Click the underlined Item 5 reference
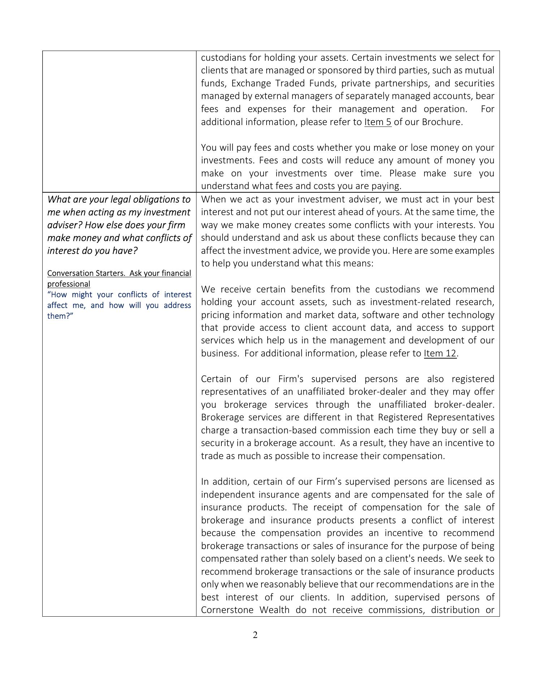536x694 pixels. pyautogui.click(x=377, y=122)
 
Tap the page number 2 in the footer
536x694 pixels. pyautogui.click(x=255, y=635)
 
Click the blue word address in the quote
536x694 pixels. pyautogui.click(x=177, y=305)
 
